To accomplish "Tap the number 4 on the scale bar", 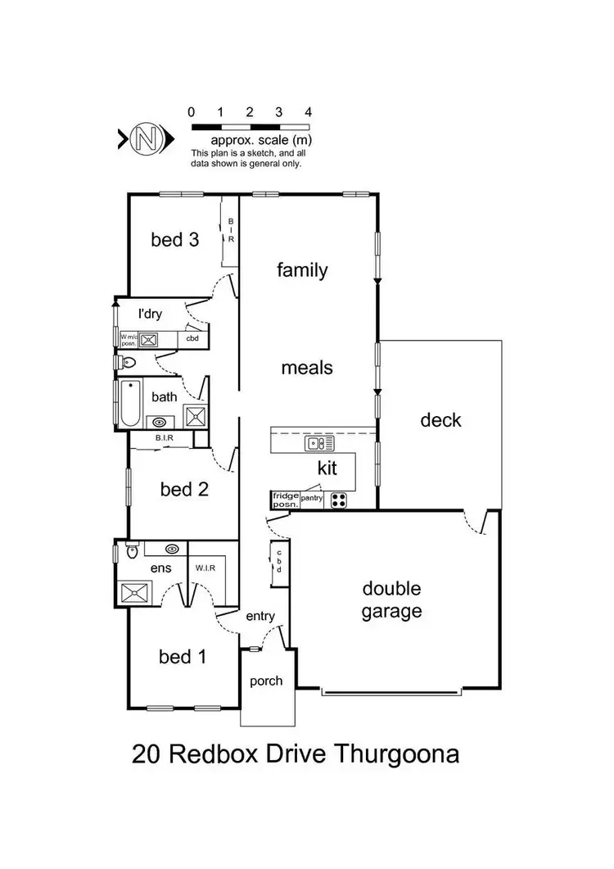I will pyautogui.click(x=308, y=112).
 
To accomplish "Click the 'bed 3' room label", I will pyautogui.click(x=174, y=240).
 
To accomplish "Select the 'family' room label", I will pyautogui.click(x=302, y=269).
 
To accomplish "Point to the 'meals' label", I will pyautogui.click(x=307, y=368).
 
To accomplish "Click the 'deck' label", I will pyautogui.click(x=440, y=420).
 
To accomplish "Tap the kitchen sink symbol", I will pyautogui.click(x=319, y=443).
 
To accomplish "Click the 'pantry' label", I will pyautogui.click(x=313, y=497).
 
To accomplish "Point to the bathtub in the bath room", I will pyautogui.click(x=129, y=404).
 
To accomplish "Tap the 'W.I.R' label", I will pyautogui.click(x=205, y=567).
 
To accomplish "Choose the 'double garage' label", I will pyautogui.click(x=392, y=600).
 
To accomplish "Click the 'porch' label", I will pyautogui.click(x=266, y=681).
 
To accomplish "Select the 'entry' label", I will pyautogui.click(x=260, y=617).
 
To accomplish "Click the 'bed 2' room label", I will pyautogui.click(x=184, y=490).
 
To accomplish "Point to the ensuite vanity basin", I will pyautogui.click(x=173, y=549).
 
